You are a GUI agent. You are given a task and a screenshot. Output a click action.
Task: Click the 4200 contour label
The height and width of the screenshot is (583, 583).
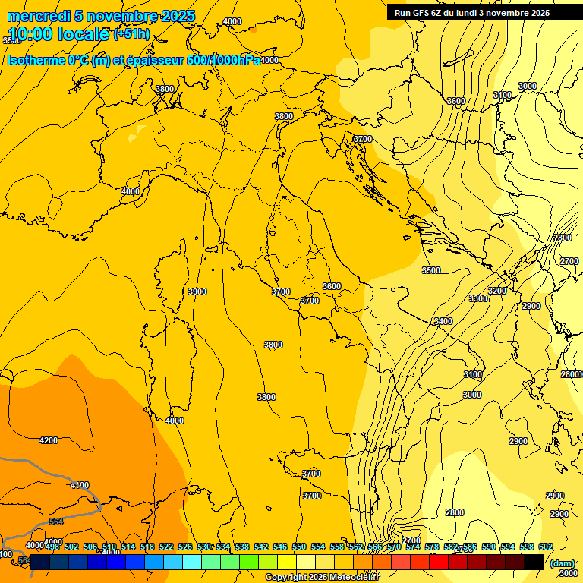pos(49,440)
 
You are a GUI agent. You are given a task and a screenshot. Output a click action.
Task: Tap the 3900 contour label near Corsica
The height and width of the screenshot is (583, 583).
pos(197,291)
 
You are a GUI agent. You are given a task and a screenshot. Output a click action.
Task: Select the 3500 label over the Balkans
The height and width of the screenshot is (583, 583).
pos(431,270)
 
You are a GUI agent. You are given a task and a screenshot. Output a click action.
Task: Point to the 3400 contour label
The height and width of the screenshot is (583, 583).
pos(443,321)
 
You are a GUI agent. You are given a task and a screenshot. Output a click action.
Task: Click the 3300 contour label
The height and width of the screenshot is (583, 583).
pos(478,298)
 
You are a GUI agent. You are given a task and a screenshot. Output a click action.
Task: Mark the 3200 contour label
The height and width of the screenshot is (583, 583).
pos(497,291)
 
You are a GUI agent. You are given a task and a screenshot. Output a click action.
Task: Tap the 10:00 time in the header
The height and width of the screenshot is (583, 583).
pos(28,33)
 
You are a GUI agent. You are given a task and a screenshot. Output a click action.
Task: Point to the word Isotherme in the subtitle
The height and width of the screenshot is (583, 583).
pos(36,61)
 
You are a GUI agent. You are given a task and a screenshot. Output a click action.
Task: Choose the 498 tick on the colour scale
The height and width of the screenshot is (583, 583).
pos(52,547)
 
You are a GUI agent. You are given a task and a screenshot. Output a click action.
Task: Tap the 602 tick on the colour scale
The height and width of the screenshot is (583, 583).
pos(545,547)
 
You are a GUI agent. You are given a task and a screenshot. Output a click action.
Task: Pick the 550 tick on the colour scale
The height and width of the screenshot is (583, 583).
pos(299,547)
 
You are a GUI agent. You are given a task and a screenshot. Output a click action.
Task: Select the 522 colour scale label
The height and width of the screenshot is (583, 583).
pos(166,547)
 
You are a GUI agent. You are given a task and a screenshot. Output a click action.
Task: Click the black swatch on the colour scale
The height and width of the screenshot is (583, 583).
pos(533,562)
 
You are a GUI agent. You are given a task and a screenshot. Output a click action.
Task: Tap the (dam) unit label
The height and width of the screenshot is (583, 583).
pos(562,563)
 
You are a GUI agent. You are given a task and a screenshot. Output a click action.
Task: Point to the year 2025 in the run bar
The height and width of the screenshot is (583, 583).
pos(539,13)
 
